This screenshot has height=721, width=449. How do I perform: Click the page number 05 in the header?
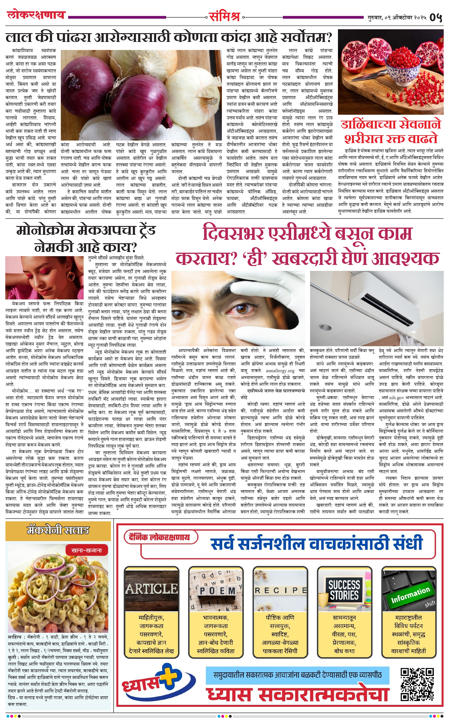pyautogui.click(x=436, y=17)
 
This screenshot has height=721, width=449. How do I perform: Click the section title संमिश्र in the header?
pyautogui.click(x=224, y=17)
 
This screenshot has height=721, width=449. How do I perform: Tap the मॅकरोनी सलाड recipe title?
pyautogui.click(x=58, y=530)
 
